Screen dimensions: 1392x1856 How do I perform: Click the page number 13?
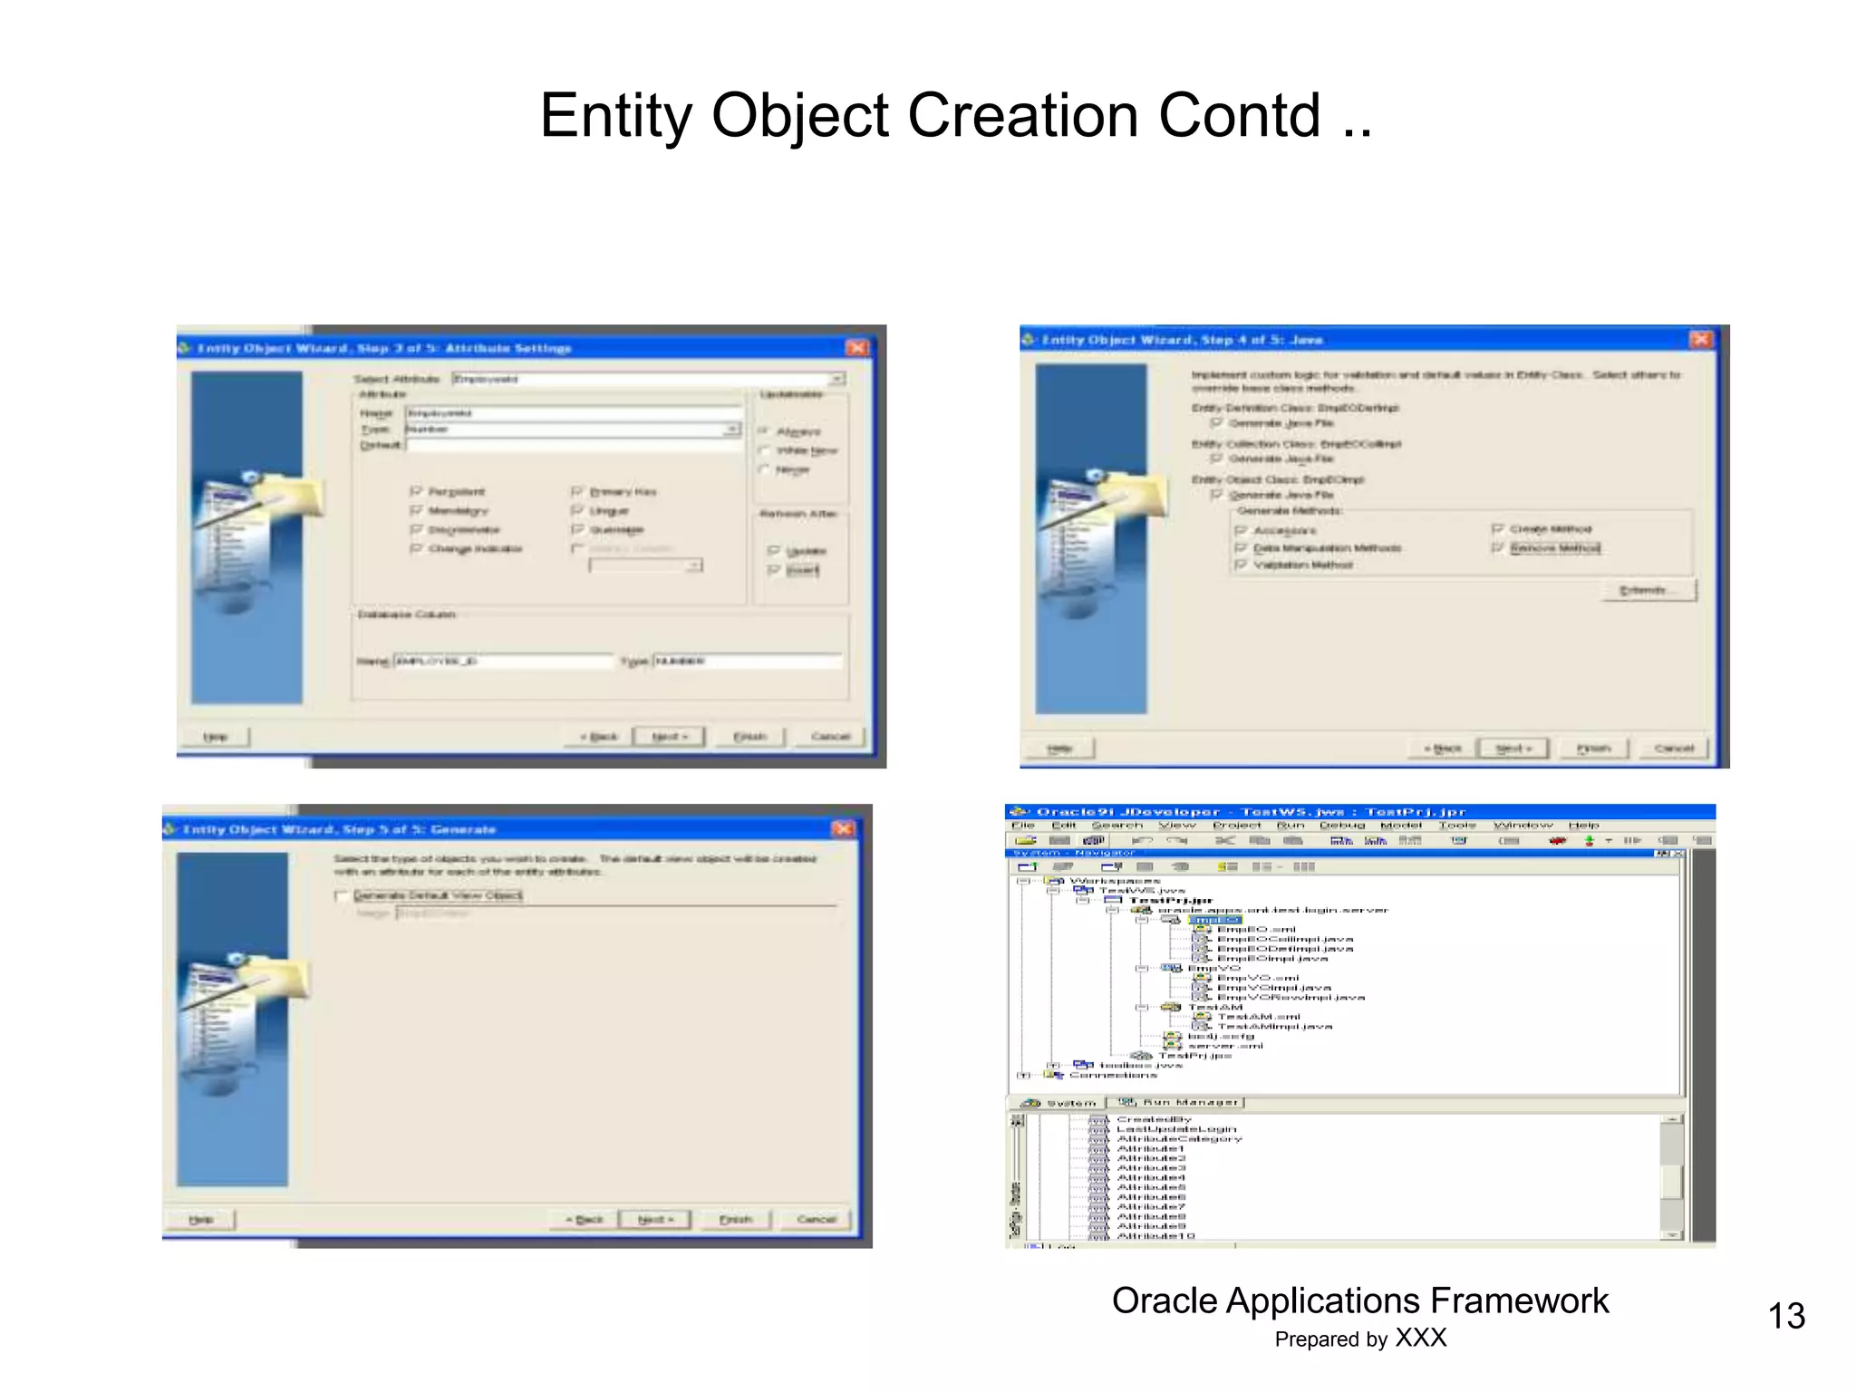1785,1316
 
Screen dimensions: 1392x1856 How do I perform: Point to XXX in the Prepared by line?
1420,1339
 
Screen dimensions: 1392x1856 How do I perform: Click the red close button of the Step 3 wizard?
856,348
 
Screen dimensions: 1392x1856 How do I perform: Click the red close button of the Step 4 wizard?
1701,339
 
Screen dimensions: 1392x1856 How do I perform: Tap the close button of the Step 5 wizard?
843,828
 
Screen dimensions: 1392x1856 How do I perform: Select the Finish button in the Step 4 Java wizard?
1593,749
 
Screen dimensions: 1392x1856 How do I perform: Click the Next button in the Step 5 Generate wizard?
654,1220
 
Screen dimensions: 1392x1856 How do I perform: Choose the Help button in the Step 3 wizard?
215,737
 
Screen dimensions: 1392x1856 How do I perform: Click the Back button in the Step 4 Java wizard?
1442,749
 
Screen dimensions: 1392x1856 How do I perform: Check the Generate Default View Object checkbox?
342,896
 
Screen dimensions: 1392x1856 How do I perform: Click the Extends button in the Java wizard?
1643,591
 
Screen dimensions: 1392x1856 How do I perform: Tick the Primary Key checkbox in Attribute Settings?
576,491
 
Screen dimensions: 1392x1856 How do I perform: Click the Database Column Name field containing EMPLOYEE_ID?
501,662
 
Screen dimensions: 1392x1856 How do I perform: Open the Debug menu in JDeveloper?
1341,826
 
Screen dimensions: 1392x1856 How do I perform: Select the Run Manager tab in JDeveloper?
1180,1103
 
